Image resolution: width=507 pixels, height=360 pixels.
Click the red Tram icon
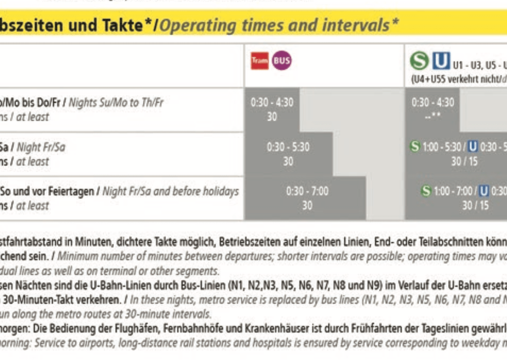coord(260,61)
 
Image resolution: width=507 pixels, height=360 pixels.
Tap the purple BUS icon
coord(282,61)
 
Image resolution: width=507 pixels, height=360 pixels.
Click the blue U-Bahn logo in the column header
coord(440,62)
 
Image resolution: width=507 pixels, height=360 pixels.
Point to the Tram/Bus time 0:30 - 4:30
coord(272,103)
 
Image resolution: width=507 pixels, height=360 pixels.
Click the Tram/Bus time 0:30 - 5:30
coord(288,147)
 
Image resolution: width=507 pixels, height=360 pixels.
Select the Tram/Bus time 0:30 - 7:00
coord(307,191)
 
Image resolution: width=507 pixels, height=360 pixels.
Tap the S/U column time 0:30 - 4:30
coord(433,103)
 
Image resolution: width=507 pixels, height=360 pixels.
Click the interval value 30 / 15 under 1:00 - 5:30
coord(464,162)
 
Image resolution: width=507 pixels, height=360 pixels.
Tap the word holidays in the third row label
coord(219,191)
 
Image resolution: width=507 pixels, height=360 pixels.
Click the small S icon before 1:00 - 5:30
coord(415,146)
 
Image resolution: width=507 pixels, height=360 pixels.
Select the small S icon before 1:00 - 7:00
coord(426,191)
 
